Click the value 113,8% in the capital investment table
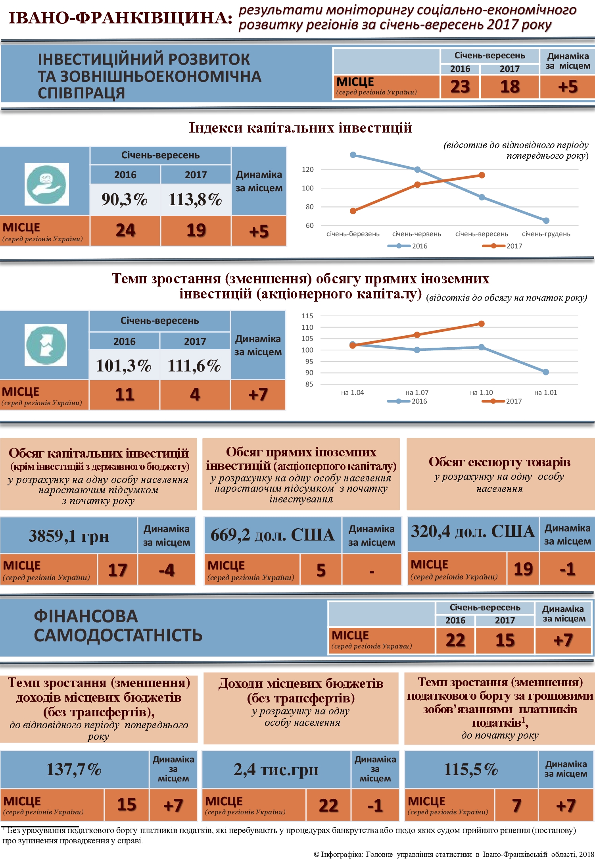pyautogui.click(x=195, y=200)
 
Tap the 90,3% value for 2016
pyautogui.click(x=125, y=200)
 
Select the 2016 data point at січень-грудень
pyautogui.click(x=546, y=221)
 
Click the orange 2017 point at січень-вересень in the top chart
pyautogui.click(x=482, y=175)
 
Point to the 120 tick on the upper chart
pyautogui.click(x=307, y=169)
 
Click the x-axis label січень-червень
pyautogui.click(x=416, y=234)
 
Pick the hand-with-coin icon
pyautogui.click(x=47, y=185)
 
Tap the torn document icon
pyautogui.click(x=46, y=345)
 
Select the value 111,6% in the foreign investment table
pyautogui.click(x=194, y=366)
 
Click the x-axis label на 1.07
pyautogui.click(x=417, y=392)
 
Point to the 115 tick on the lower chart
pyautogui.click(x=307, y=316)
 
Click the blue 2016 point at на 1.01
pyautogui.click(x=546, y=372)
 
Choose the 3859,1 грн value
pyautogui.click(x=69, y=536)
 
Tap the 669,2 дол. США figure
pyautogui.click(x=273, y=535)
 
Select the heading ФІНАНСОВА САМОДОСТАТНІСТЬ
pyautogui.click(x=118, y=626)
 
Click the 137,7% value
pyautogui.click(x=74, y=770)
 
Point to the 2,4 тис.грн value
pyautogui.click(x=276, y=770)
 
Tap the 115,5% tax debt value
pyautogui.click(x=471, y=770)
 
